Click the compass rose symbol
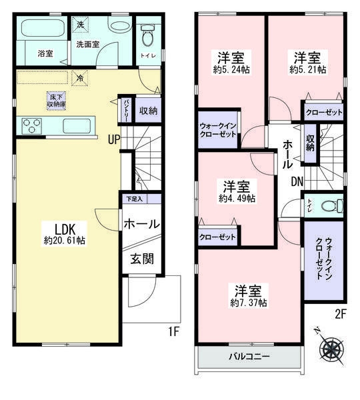pyautogui.click(x=331, y=346)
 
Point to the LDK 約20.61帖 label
pyautogui.click(x=63, y=233)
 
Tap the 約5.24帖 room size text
pyautogui.click(x=229, y=69)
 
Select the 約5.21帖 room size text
pyautogui.click(x=307, y=69)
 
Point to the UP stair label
pyautogui.click(x=115, y=139)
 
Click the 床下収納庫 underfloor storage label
pyautogui.click(x=56, y=100)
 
